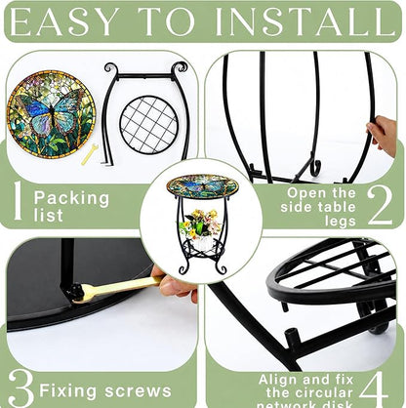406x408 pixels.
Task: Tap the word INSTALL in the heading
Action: tap(305, 21)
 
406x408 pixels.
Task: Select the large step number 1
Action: tap(18, 200)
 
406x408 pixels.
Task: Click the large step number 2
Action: tap(380, 206)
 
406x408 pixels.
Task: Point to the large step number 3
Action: tap(20, 388)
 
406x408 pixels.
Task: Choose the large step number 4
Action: tap(374, 389)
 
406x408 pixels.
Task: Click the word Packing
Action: tap(71, 199)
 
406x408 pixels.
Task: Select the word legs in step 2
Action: tap(341, 222)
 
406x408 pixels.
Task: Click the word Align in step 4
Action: tap(278, 380)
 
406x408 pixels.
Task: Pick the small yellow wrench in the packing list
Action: tap(89, 154)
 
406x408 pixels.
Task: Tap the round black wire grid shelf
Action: tap(148, 124)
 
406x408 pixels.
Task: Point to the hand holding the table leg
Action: tap(383, 133)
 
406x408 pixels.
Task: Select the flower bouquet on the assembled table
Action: tap(199, 224)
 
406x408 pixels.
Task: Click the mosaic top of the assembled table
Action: tap(202, 186)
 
